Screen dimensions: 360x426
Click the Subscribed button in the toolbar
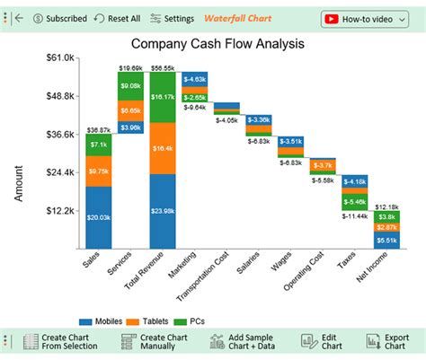click(60, 18)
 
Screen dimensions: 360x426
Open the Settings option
click(172, 18)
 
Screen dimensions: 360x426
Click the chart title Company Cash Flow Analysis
click(217, 43)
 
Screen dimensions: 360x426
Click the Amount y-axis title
click(19, 182)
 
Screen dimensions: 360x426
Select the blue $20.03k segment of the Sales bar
click(98, 216)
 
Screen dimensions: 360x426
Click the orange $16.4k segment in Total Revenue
click(163, 148)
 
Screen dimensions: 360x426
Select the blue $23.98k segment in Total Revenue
click(163, 211)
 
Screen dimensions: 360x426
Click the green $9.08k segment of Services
click(130, 86)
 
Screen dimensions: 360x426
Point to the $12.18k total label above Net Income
click(386, 206)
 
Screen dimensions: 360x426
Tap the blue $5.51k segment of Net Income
click(386, 240)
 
